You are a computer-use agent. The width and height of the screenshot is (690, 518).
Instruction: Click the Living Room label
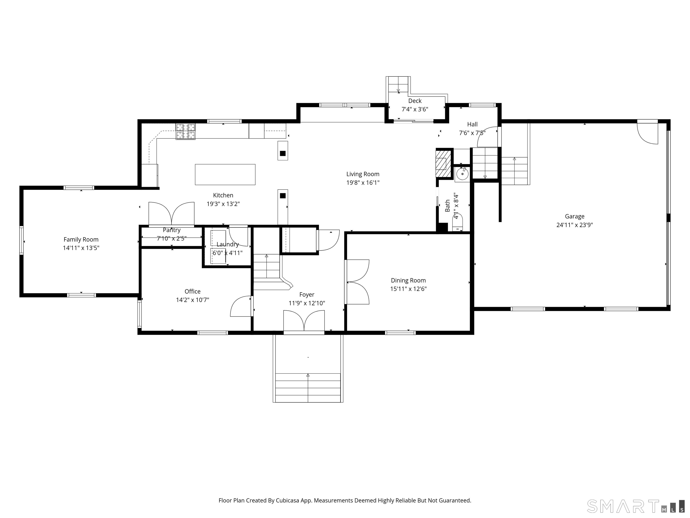[363, 174]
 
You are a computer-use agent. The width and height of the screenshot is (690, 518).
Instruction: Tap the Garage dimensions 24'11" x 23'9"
[575, 225]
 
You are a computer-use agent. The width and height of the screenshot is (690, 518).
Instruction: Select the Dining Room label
[408, 280]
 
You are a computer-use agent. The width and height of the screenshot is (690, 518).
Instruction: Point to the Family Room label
[81, 239]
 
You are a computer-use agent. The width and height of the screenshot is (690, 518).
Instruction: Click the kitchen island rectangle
[225, 174]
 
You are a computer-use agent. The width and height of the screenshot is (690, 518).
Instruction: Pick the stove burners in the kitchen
[186, 131]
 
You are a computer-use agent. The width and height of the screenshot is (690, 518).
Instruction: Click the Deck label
[415, 101]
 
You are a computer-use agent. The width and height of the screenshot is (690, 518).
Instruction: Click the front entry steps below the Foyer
[308, 387]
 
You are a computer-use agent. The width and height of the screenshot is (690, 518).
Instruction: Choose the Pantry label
[172, 230]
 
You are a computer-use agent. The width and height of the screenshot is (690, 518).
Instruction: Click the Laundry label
[228, 244]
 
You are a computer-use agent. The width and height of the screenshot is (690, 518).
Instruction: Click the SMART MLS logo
[635, 506]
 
